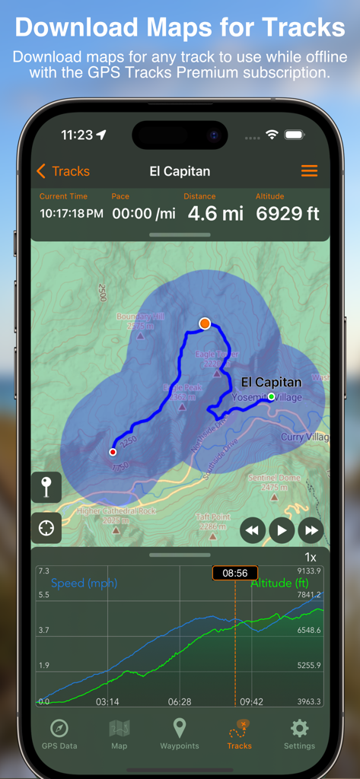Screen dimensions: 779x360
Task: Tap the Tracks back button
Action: [x=62, y=171]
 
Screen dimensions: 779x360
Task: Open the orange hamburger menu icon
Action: [x=309, y=171]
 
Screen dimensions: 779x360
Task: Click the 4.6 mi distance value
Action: [x=215, y=213]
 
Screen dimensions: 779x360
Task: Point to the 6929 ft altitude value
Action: [x=287, y=213]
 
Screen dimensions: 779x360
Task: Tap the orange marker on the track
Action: [x=204, y=323]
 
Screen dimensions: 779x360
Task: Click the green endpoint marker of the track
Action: [x=271, y=396]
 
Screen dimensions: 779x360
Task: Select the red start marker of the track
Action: [x=113, y=452]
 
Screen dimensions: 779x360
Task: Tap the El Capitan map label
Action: [x=271, y=382]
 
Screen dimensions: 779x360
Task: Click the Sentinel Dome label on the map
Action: [x=274, y=478]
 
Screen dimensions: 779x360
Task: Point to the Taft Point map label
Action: [x=212, y=516]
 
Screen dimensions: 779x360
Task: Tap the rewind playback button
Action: [x=253, y=530]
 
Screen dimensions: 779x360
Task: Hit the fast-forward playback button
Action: [x=311, y=530]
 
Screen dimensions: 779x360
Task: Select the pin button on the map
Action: [x=46, y=487]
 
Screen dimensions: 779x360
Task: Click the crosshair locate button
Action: [x=46, y=528]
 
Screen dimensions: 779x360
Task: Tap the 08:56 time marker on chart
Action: [x=234, y=573]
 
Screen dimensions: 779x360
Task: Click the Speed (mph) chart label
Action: [x=84, y=583]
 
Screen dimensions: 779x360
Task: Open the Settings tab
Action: [x=299, y=734]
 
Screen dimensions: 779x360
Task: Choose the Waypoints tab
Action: [x=179, y=734]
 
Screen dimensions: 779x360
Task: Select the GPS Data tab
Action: [x=59, y=734]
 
